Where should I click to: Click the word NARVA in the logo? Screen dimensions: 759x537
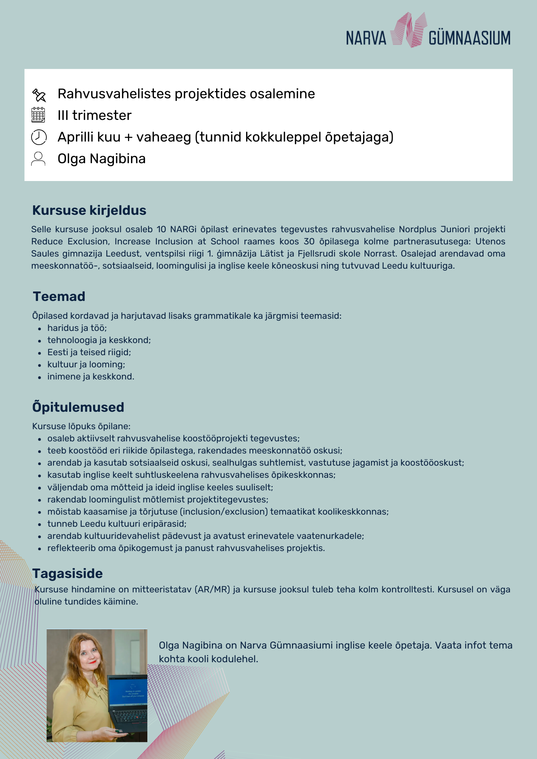click(x=366, y=38)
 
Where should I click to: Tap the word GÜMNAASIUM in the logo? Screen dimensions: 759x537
click(x=469, y=38)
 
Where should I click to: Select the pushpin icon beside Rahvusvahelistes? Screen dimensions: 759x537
click(x=39, y=95)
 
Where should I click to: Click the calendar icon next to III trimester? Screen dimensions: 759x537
click(x=38, y=115)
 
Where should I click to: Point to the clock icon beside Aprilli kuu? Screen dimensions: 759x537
click(x=39, y=137)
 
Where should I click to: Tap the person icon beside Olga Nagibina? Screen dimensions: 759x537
click(x=38, y=159)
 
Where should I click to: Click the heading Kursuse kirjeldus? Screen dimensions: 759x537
click(x=89, y=210)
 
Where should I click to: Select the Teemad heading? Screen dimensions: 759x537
click(x=59, y=296)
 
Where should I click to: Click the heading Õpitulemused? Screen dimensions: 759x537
click(x=78, y=407)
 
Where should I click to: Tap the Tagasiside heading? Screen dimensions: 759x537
click(x=68, y=573)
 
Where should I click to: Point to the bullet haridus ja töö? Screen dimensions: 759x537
click(x=77, y=328)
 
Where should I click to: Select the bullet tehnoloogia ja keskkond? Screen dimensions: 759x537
click(x=99, y=340)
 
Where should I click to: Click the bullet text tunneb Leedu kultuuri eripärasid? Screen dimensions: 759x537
click(x=117, y=524)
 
